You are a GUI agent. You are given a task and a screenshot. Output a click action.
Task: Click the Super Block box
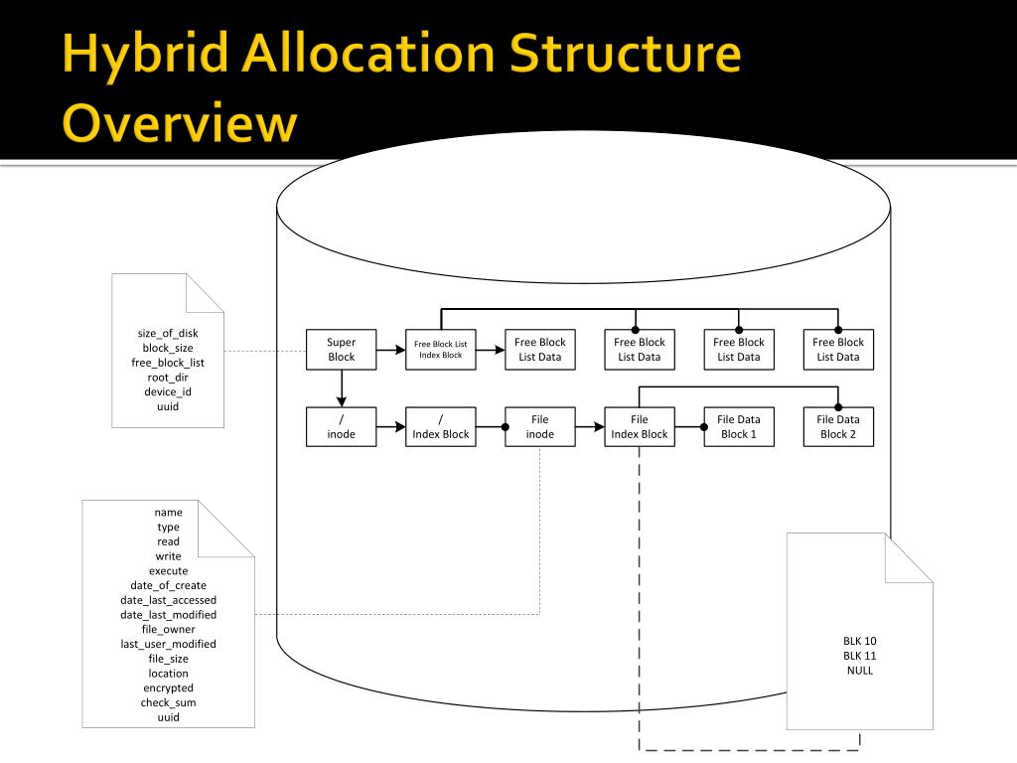point(341,349)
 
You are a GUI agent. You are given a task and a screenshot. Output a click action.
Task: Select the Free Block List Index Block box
point(440,349)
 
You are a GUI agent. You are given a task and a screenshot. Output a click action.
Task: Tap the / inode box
point(341,427)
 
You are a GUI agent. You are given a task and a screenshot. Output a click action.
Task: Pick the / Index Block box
point(440,427)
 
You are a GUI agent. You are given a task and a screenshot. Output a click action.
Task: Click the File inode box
point(539,427)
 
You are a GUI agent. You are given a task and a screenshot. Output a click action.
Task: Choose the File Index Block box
point(639,427)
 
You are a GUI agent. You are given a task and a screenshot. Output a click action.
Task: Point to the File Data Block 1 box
point(738,427)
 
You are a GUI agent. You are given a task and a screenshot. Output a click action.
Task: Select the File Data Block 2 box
point(837,427)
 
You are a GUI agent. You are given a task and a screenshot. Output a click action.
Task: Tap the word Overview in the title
point(180,124)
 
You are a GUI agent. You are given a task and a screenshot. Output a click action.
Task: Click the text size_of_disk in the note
point(168,334)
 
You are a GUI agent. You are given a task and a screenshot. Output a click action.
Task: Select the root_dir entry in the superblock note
point(168,378)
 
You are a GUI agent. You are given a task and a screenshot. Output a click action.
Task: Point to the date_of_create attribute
point(168,585)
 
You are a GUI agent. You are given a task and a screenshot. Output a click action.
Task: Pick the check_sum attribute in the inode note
point(168,702)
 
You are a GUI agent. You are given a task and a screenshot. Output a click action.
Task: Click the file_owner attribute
point(168,629)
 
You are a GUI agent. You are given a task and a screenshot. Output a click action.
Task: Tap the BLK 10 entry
point(859,641)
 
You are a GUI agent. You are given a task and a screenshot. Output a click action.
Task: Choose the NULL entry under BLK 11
point(859,671)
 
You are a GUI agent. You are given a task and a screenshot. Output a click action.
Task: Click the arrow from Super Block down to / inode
point(341,388)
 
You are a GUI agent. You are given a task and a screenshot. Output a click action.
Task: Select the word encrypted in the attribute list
point(168,687)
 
